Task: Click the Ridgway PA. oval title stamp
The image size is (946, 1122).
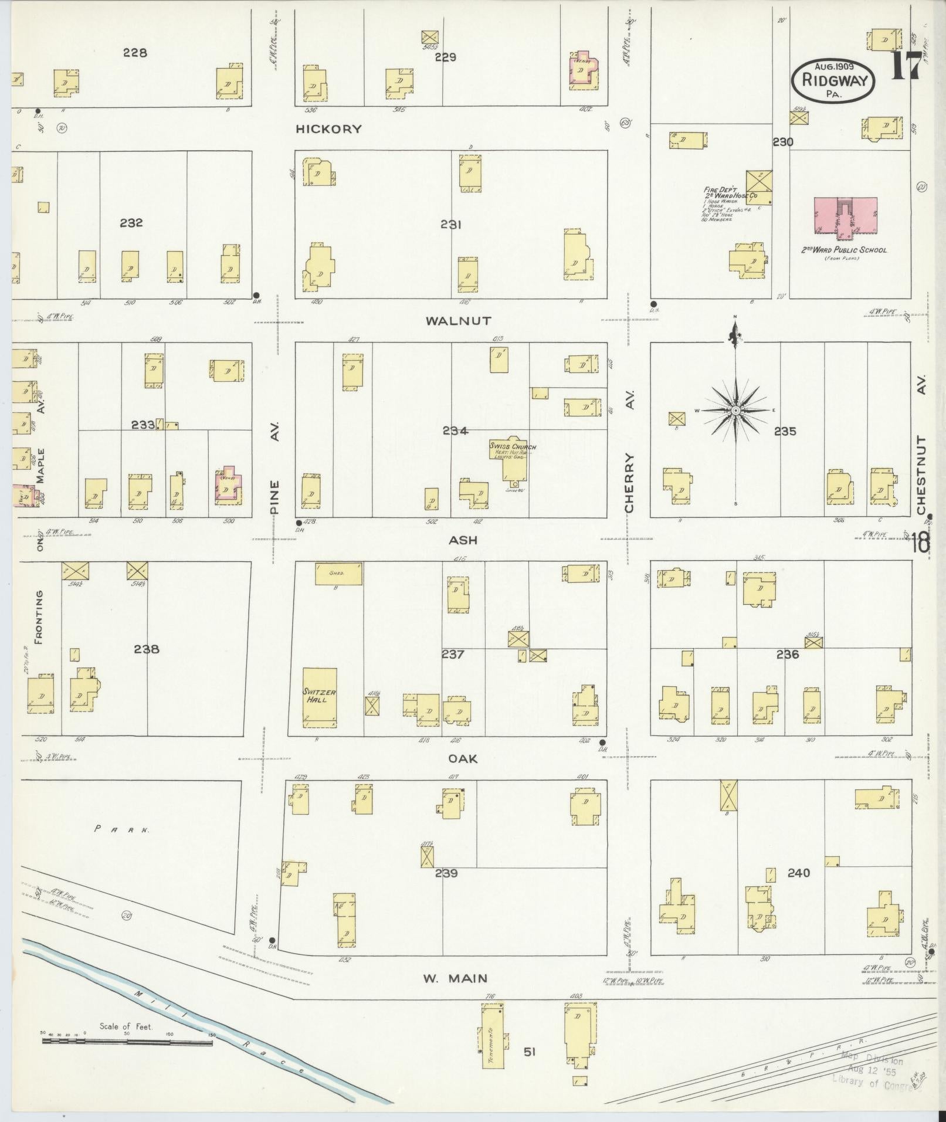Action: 833,81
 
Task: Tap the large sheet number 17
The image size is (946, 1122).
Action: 906,66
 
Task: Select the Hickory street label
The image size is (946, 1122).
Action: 328,129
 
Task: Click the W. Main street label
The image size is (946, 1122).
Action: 455,978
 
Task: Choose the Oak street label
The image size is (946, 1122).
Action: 463,758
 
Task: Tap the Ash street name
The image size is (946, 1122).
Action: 463,540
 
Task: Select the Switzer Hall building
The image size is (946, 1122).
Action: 320,697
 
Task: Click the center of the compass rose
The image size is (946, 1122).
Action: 735,411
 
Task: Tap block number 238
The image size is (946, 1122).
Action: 146,649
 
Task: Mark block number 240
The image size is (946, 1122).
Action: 798,873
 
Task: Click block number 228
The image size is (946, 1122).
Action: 134,53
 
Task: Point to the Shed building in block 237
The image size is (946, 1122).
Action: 338,573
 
